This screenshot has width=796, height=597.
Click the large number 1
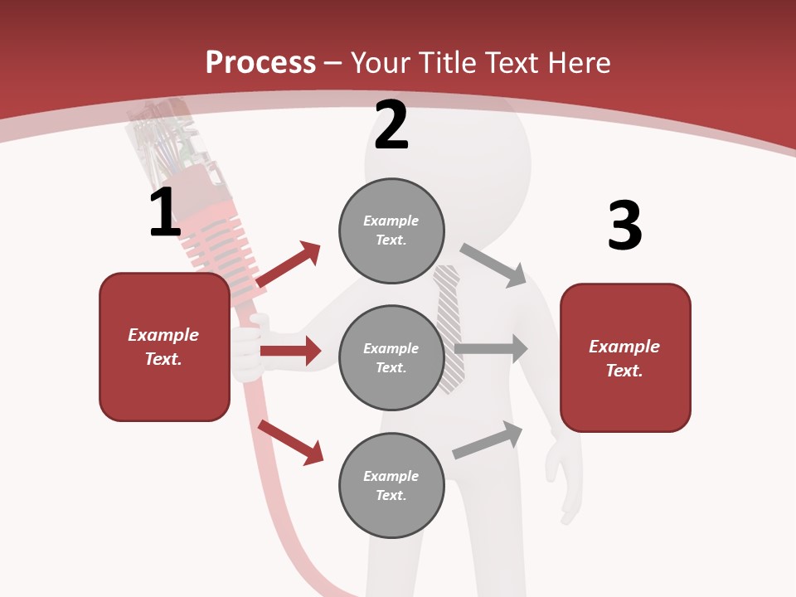[165, 213]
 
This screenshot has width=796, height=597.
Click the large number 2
[391, 125]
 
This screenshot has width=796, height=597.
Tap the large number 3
[624, 226]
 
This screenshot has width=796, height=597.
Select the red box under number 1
[164, 347]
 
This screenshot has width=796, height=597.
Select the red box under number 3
[625, 358]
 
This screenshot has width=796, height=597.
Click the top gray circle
[391, 231]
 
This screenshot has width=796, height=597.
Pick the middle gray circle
[391, 357]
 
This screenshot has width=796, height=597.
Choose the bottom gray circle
[391, 485]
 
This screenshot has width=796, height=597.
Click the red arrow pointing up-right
[289, 265]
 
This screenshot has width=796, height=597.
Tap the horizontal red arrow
[290, 351]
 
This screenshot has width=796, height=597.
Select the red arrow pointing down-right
[291, 442]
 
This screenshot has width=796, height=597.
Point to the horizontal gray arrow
[491, 349]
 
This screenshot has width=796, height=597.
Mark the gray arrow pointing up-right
[488, 440]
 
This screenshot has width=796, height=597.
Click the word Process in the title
[260, 62]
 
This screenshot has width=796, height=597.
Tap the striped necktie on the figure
[449, 328]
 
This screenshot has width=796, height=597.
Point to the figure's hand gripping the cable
[248, 352]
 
